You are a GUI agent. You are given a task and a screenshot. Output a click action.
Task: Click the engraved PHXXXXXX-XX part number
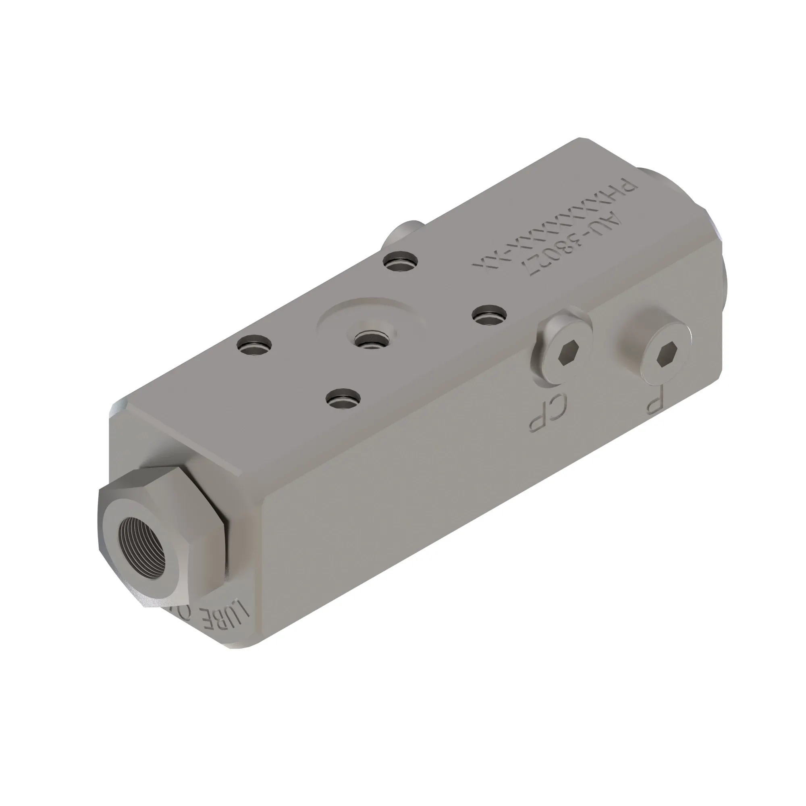(x=555, y=225)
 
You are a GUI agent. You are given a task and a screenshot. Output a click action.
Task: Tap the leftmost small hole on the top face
(x=254, y=345)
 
